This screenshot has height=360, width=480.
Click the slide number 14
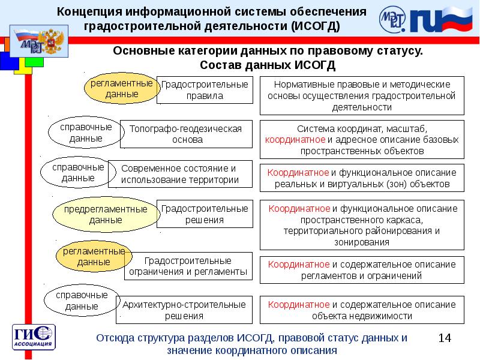click(444, 338)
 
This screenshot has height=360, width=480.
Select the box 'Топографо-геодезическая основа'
click(186, 134)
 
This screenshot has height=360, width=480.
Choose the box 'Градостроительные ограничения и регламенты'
click(188, 266)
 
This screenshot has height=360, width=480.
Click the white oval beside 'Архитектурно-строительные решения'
click(78, 302)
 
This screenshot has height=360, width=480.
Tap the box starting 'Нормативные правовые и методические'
click(362, 95)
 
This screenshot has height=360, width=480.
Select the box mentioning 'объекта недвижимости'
click(362, 310)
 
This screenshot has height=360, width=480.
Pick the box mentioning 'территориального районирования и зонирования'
click(362, 226)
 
